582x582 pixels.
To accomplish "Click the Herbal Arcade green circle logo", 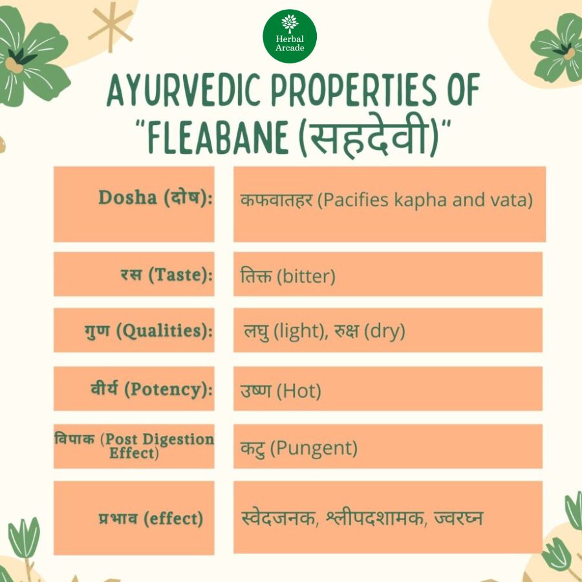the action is point(290,36).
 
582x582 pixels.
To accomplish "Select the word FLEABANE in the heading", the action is point(218,137).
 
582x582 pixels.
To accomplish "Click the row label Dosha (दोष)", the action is point(155,197).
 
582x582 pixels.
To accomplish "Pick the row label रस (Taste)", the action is point(167,275).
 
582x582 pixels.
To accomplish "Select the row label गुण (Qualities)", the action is point(149,330).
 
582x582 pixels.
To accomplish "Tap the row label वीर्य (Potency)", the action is point(152,389).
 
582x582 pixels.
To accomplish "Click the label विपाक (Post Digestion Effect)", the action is point(135,446).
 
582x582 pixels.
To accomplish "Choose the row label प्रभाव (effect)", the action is point(151,518).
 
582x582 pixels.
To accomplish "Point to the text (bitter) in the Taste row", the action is point(307,276).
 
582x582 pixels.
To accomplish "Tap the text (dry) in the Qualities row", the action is point(385,331).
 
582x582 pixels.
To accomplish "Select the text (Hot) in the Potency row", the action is point(299,391).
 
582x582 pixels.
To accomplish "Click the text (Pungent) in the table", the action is point(314,448).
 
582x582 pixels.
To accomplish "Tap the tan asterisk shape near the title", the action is point(111,27).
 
